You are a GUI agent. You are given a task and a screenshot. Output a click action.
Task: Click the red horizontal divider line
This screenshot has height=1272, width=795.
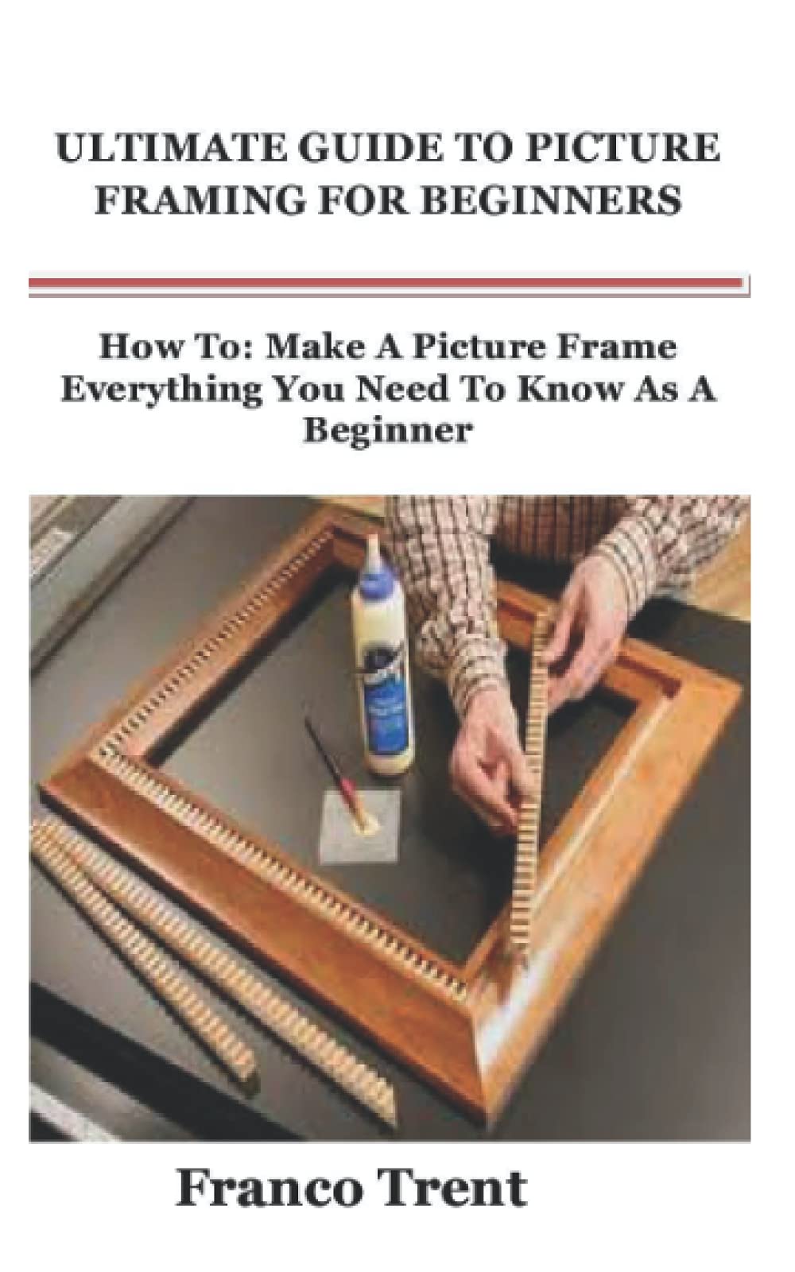point(388,282)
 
